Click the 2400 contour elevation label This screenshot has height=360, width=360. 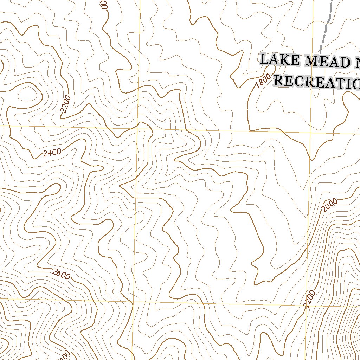pyautogui.click(x=52, y=153)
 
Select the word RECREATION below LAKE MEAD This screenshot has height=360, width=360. pyautogui.click(x=316, y=82)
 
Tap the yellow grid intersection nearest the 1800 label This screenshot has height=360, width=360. pyautogui.click(x=311, y=133)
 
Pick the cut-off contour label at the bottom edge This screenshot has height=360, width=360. pyautogui.click(x=67, y=356)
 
